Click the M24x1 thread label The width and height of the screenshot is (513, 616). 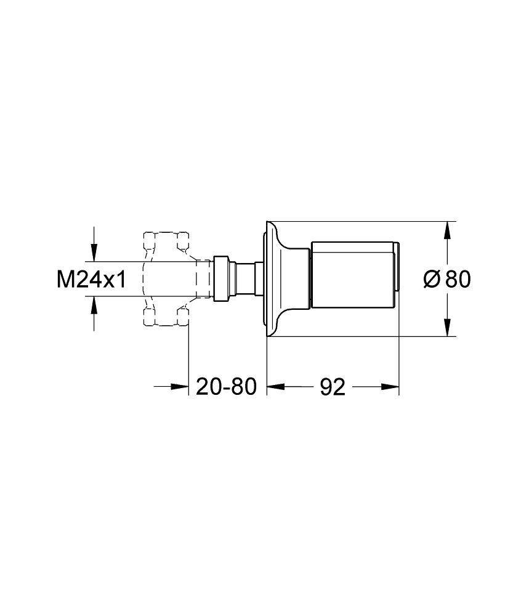(x=92, y=280)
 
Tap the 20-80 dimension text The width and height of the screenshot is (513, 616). (x=226, y=387)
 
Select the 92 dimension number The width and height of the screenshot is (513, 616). (x=333, y=387)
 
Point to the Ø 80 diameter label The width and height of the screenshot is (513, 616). (x=447, y=279)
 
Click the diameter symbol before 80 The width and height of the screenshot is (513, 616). (x=432, y=279)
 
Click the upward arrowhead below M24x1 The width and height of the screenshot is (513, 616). (x=94, y=306)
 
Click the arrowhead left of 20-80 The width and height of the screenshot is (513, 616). (x=180, y=387)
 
